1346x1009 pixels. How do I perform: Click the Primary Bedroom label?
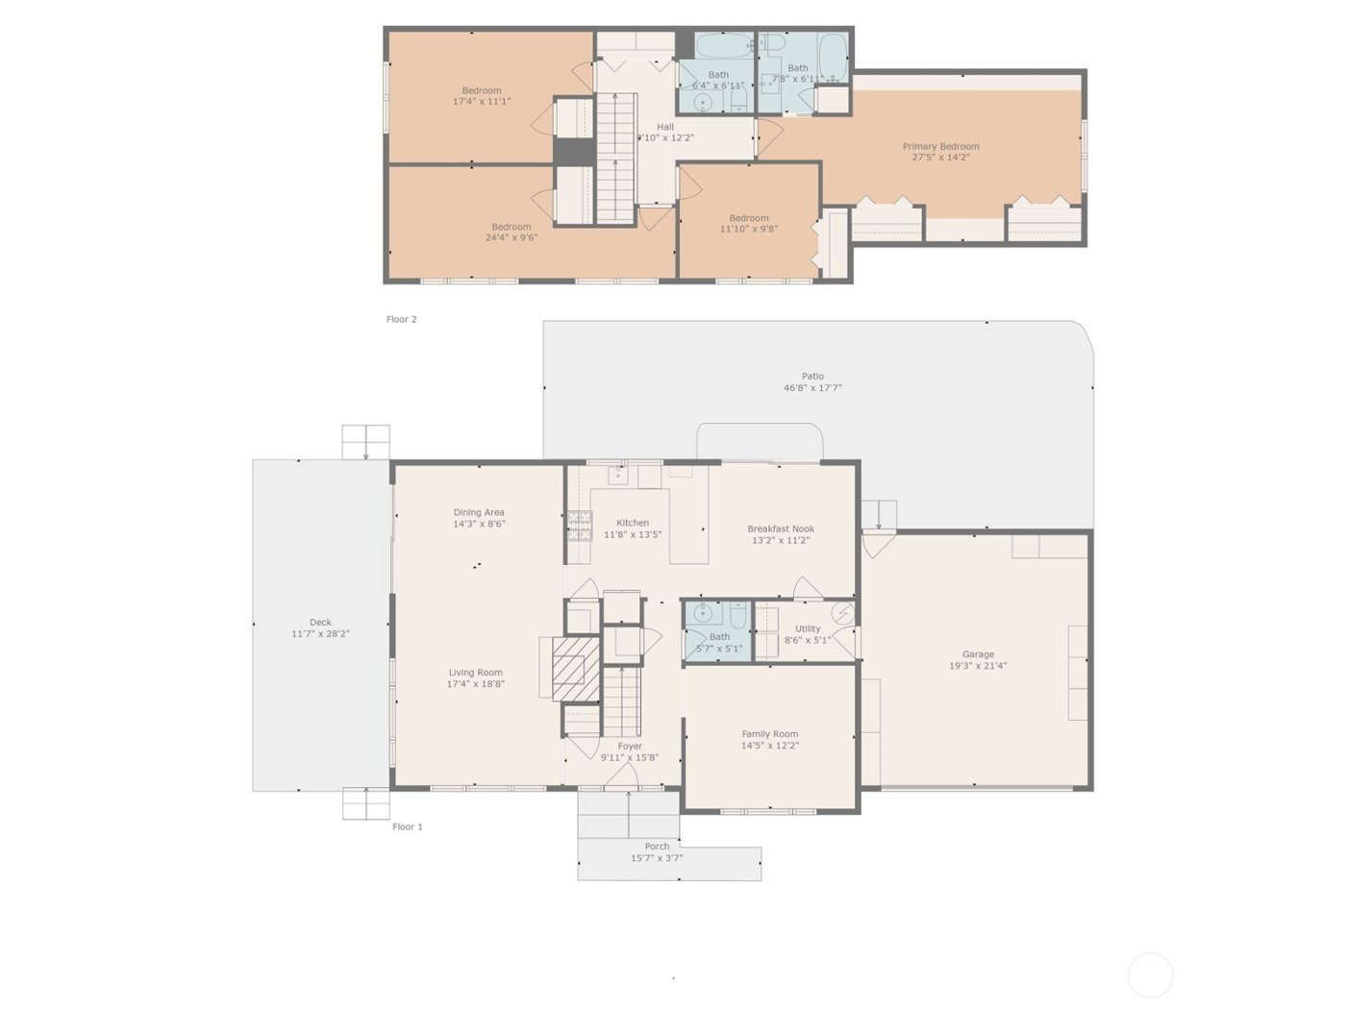940,147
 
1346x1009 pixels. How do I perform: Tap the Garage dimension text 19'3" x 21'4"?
978,666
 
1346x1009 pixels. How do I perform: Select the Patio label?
812,377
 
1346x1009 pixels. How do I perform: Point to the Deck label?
320,623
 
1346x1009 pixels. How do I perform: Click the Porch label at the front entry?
657,847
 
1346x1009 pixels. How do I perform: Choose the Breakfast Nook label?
781,529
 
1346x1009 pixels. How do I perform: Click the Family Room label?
769,734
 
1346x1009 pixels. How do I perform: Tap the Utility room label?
808,629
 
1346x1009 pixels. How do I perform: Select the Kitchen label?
633,523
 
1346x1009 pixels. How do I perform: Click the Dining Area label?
479,513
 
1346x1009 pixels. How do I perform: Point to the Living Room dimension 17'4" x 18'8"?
475,684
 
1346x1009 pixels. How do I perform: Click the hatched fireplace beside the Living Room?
576,668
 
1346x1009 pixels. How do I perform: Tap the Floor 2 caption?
401,319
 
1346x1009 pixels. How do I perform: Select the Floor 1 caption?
407,826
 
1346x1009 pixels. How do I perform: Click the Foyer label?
630,746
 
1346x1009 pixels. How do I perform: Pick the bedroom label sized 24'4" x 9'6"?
511,228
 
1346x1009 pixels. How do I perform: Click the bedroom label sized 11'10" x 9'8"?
748,218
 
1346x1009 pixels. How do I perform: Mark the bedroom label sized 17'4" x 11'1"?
481,91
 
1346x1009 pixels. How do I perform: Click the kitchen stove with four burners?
579,526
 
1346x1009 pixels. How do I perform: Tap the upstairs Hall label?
665,127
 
